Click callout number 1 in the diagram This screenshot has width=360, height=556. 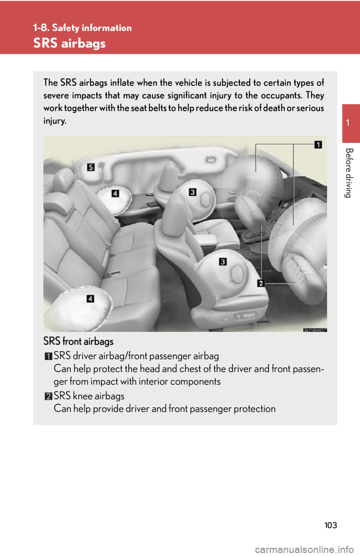(x=318, y=145)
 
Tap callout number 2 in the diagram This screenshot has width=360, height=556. (x=261, y=283)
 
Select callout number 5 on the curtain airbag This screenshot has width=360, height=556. (x=91, y=167)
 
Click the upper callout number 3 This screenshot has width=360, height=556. (x=192, y=192)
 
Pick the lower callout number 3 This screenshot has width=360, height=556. (x=223, y=262)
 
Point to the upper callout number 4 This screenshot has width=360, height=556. (x=115, y=193)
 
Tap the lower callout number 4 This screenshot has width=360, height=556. (x=90, y=299)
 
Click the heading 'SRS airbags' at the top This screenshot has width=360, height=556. (x=69, y=43)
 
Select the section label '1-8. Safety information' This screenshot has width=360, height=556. (x=82, y=28)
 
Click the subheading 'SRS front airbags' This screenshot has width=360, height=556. (x=78, y=341)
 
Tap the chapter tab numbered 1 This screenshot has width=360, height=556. (x=348, y=123)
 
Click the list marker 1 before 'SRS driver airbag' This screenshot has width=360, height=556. (x=48, y=356)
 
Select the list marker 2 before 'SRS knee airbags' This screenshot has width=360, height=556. (x=48, y=396)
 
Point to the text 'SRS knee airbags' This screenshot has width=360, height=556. (x=89, y=396)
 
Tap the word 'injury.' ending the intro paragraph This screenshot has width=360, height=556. (x=55, y=121)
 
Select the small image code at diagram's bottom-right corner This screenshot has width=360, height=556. (x=315, y=330)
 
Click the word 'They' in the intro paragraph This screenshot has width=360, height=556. (x=315, y=95)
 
